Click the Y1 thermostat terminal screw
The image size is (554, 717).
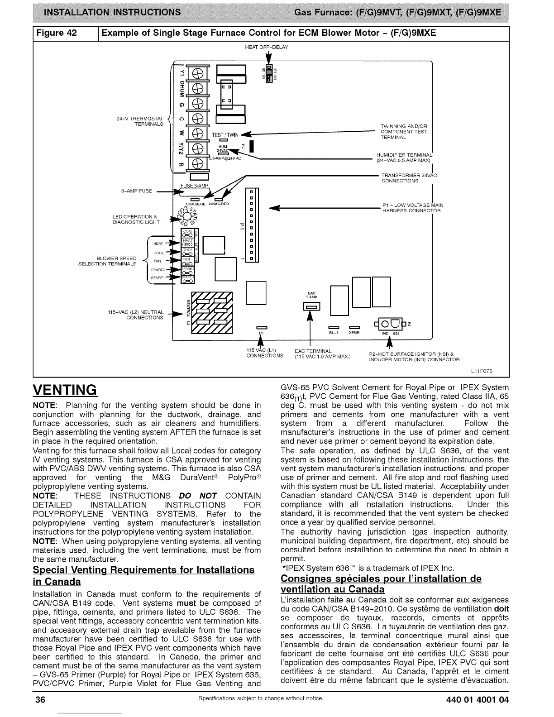tap(197, 74)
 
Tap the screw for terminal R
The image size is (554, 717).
tap(197, 163)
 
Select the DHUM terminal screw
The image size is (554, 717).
tap(197, 89)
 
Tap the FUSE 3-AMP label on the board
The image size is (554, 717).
tap(194, 186)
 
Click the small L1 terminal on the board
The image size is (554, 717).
tap(261, 327)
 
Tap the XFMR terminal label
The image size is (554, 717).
tap(354, 333)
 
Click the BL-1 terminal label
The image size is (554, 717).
tap(334, 333)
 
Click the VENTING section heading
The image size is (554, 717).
tap(65, 390)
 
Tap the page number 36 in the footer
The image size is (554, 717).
tap(40, 699)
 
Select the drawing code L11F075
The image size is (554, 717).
tap(482, 371)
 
